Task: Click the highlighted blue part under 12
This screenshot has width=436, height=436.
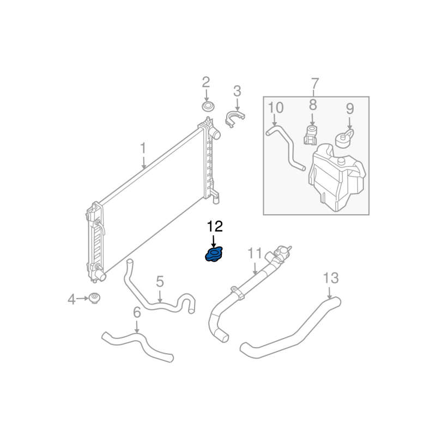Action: point(214,254)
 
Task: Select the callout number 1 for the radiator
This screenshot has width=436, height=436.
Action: point(143,148)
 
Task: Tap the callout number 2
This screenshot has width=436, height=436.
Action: point(205,82)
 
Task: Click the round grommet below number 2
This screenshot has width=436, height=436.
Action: point(207,105)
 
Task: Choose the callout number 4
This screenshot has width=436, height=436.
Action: point(71,299)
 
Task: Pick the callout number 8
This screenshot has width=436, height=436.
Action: point(312,105)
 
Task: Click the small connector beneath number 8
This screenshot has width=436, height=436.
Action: point(311,135)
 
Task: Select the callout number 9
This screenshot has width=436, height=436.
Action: point(349,109)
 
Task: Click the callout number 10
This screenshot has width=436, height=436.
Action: point(276,107)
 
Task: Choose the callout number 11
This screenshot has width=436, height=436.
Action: point(255,253)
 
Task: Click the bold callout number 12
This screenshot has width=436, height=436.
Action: point(215,226)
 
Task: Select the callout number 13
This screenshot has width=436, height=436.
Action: point(331,278)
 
